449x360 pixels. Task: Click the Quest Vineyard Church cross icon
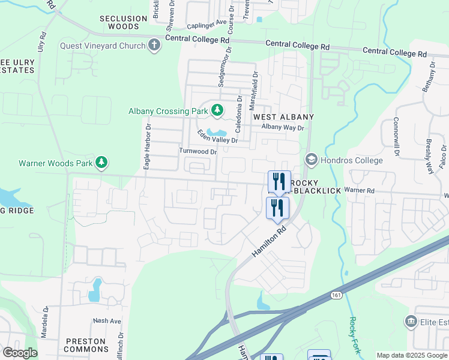pyautogui.click(x=154, y=46)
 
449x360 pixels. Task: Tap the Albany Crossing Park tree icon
pyautogui.click(x=217, y=110)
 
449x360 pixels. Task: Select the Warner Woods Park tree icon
pyautogui.click(x=102, y=162)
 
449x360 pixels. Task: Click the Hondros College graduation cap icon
pyautogui.click(x=311, y=160)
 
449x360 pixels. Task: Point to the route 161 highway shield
pyautogui.click(x=336, y=295)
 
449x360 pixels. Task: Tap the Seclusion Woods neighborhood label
pyautogui.click(x=123, y=23)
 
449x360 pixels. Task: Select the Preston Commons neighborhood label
pyautogui.click(x=85, y=345)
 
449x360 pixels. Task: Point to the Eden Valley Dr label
pyautogui.click(x=218, y=136)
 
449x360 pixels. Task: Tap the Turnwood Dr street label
pyautogui.click(x=197, y=152)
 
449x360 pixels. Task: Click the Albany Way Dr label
pyautogui.click(x=283, y=127)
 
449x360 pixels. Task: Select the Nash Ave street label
pyautogui.click(x=107, y=321)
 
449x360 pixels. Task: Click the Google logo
pyautogui.click(x=20, y=353)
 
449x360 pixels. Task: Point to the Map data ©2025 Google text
pyautogui.click(x=412, y=355)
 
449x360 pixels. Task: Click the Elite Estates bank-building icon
pyautogui.click(x=412, y=322)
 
